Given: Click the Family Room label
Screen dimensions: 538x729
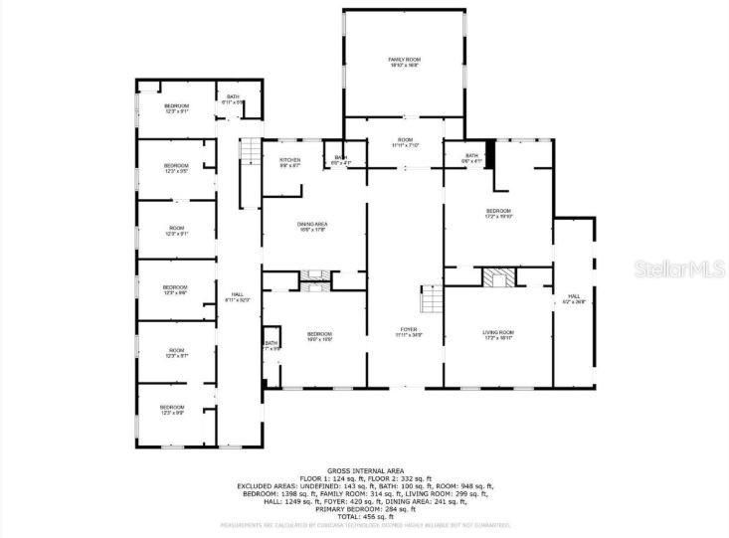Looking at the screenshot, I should [403, 63].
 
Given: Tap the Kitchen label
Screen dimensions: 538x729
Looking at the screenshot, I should [289, 162].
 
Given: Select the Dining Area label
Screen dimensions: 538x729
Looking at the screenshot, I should [312, 227].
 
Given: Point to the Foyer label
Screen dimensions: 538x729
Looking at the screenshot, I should [408, 331].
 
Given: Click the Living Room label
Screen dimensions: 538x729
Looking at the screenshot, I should [498, 334].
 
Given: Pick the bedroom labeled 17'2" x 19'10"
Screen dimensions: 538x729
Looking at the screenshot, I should [497, 213].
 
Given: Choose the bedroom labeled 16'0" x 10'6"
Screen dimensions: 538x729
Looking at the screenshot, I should [319, 336].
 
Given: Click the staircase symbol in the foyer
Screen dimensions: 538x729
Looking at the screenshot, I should [431, 297].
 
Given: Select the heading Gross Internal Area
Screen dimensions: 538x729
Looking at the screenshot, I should [364, 470].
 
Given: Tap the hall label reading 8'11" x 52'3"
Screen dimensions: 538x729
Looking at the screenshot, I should [238, 296].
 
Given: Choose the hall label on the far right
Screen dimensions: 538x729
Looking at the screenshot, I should [574, 298].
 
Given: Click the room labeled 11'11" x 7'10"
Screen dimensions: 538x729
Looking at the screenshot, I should [404, 143].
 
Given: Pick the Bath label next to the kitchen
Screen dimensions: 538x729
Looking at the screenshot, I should [340, 159].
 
